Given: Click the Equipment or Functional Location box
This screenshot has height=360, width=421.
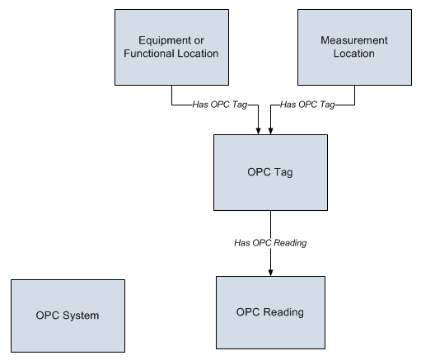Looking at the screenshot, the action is coord(171,47).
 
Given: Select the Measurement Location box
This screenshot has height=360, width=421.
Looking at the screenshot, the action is coord(354,47).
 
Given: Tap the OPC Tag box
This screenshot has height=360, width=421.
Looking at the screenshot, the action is coord(270,172).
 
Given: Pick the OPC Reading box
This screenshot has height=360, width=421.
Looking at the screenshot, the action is coord(270,312).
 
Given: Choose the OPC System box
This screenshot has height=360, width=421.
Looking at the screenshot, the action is coord(68,316).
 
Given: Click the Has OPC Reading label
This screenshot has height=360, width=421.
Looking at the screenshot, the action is coord(270,243).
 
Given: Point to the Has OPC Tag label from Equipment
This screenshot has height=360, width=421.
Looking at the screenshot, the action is coord(220,105).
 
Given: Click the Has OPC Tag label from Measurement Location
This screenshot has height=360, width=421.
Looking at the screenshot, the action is coord(307,105).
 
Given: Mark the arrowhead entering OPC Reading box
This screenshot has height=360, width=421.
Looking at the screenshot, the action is coord(270,273).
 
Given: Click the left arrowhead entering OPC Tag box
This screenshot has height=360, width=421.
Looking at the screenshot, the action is coord(258,131).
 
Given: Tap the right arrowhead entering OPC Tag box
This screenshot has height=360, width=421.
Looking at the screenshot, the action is coord(270,131).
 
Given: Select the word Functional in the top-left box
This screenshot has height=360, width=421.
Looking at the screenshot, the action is coord(148,54).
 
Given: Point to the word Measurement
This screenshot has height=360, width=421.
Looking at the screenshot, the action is coord(354,40).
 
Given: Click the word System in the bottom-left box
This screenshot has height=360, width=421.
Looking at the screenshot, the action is coord(81,316).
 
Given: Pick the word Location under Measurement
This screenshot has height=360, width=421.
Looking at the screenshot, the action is coord(354,54).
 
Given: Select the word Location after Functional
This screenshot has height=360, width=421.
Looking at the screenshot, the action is coord(197,54).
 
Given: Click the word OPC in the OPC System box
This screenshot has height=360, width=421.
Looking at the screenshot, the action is coord(48,316).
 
